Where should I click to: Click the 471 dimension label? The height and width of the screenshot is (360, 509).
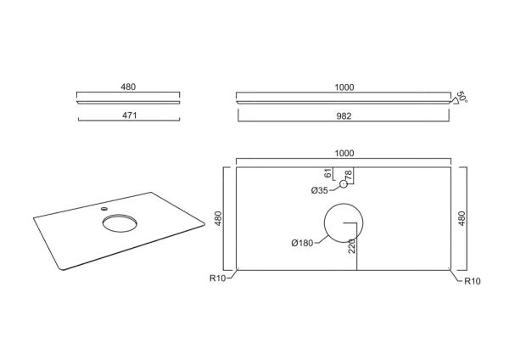click(x=130, y=115)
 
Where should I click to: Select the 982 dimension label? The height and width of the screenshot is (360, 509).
click(x=344, y=116)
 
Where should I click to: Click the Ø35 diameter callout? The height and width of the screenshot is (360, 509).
click(x=320, y=190)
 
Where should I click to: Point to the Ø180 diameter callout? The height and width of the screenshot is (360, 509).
click(x=302, y=243)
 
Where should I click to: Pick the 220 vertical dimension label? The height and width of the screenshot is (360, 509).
click(x=352, y=246)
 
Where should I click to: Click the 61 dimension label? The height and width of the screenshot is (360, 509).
click(x=328, y=173)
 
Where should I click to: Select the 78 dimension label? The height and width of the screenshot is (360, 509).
click(x=349, y=176)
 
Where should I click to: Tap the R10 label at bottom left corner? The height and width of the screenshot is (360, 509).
click(x=217, y=278)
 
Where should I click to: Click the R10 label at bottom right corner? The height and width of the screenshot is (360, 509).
click(x=473, y=281)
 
